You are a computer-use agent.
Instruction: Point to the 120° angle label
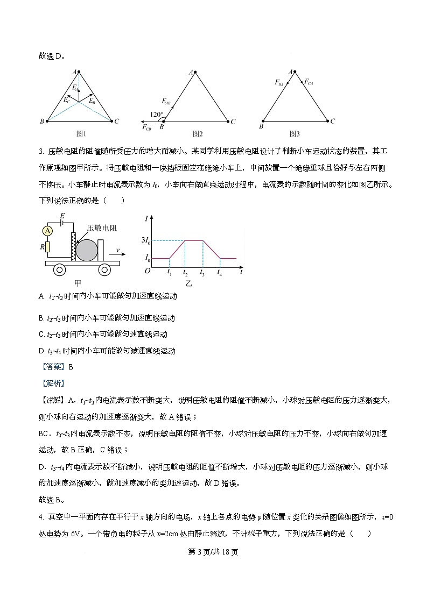[x=157, y=114]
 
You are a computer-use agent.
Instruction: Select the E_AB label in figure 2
[x=167, y=100]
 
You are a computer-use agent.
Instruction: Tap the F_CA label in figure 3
[x=309, y=82]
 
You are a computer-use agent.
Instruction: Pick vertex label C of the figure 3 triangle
[x=332, y=122]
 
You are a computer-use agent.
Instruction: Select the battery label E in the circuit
[x=62, y=216]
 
